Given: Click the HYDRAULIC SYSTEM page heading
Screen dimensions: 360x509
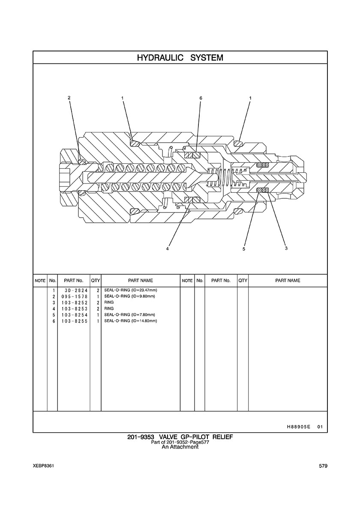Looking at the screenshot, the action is click(180, 58).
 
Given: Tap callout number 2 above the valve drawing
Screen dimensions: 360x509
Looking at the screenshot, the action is click(69, 97).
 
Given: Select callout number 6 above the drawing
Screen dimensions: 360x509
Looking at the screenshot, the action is click(201, 98).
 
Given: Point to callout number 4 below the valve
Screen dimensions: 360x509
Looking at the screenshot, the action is click(167, 249).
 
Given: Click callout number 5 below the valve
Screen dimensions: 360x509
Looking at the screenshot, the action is click(243, 249).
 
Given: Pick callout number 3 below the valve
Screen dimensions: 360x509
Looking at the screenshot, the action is click(286, 249).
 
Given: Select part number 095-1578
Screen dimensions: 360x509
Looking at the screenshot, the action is click(74, 296).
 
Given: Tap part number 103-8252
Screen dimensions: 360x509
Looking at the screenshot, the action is click(74, 302).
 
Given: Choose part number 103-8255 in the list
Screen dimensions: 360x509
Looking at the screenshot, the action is click(74, 321).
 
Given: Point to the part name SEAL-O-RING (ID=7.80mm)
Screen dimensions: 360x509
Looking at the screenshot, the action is click(129, 314).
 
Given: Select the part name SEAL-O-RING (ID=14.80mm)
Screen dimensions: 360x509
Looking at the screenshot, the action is click(130, 321).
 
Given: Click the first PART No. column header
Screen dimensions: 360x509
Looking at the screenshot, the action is click(74, 281).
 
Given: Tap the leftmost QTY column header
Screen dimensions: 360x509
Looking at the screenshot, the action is click(96, 281).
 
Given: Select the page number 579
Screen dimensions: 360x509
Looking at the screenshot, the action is click(323, 466).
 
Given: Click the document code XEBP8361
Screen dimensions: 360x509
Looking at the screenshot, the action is click(43, 466).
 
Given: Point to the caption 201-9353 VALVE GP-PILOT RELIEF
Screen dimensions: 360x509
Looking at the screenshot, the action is click(180, 437).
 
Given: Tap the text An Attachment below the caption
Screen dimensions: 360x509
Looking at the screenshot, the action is click(180, 447).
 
